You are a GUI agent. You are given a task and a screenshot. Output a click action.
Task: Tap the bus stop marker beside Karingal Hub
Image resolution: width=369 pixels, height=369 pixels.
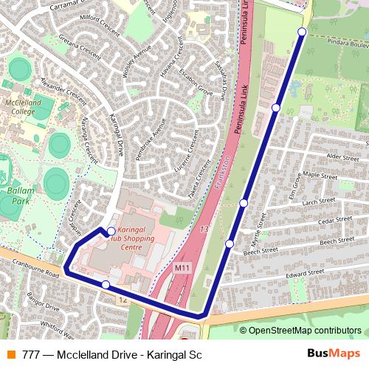pyautogui.click(x=111, y=230)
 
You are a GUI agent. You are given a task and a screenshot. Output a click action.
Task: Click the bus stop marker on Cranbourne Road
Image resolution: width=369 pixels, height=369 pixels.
pyautogui.click(x=106, y=285)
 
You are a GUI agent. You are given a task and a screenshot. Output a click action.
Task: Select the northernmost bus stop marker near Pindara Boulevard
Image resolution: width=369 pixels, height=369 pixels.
pyautogui.click(x=302, y=31)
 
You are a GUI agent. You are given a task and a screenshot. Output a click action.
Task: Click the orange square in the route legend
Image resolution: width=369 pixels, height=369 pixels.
pyautogui.click(x=10, y=355)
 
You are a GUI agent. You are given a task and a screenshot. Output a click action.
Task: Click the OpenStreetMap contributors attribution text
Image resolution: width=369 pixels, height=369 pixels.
pyautogui.click(x=304, y=331)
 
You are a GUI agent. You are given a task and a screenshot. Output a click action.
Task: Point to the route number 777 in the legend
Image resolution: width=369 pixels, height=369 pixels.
pyautogui.click(x=32, y=355)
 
